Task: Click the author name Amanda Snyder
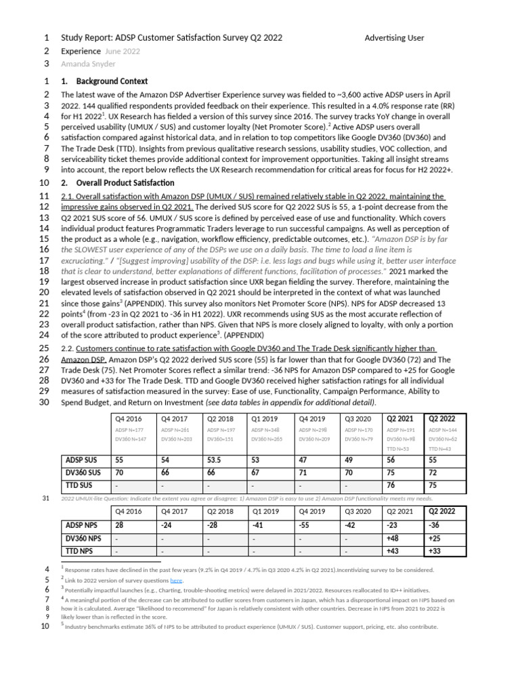[x=88, y=64]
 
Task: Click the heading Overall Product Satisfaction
[x=125, y=183]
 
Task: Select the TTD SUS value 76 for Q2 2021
[x=391, y=485]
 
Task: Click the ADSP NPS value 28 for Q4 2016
[x=119, y=525]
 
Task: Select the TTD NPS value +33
[x=435, y=551]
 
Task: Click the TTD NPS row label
[x=81, y=551]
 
